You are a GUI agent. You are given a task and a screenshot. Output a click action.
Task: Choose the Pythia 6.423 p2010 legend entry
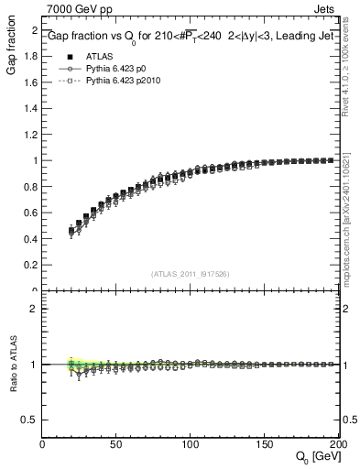(120, 82)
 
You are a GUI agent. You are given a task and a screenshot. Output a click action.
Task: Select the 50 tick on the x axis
(116, 445)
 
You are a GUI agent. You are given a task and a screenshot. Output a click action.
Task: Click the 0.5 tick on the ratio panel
(31, 420)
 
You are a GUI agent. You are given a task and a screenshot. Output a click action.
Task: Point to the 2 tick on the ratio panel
(35, 309)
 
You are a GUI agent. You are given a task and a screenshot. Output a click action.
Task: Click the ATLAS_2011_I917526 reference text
(191, 274)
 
